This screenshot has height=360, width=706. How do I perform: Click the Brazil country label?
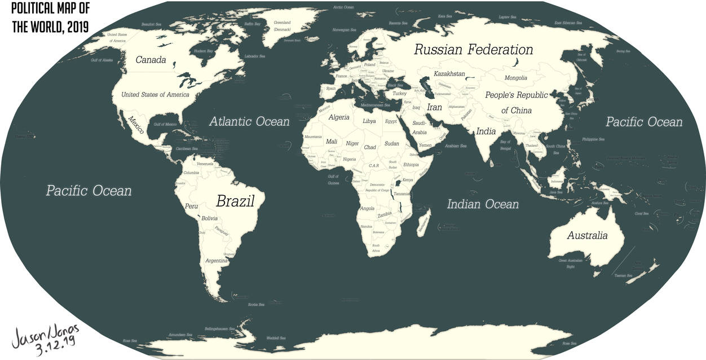click(236, 201)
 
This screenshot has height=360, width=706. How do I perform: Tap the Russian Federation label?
click(473, 50)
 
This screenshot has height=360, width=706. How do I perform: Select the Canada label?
click(151, 60)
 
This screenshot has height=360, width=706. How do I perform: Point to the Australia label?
click(587, 235)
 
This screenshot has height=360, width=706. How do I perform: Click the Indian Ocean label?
click(483, 204)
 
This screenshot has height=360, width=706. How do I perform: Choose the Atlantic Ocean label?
click(249, 121)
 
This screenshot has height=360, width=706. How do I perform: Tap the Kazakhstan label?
click(449, 74)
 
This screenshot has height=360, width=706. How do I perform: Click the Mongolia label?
click(515, 78)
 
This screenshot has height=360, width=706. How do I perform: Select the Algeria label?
click(339, 117)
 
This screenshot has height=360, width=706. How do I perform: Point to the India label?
click(486, 131)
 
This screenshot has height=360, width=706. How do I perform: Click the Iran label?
click(434, 107)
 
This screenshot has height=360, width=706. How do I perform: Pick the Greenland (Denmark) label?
click(282, 25)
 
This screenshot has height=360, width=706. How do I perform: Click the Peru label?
click(192, 207)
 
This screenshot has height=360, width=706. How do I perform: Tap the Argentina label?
click(216, 261)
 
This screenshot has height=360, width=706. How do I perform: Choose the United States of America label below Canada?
click(155, 94)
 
